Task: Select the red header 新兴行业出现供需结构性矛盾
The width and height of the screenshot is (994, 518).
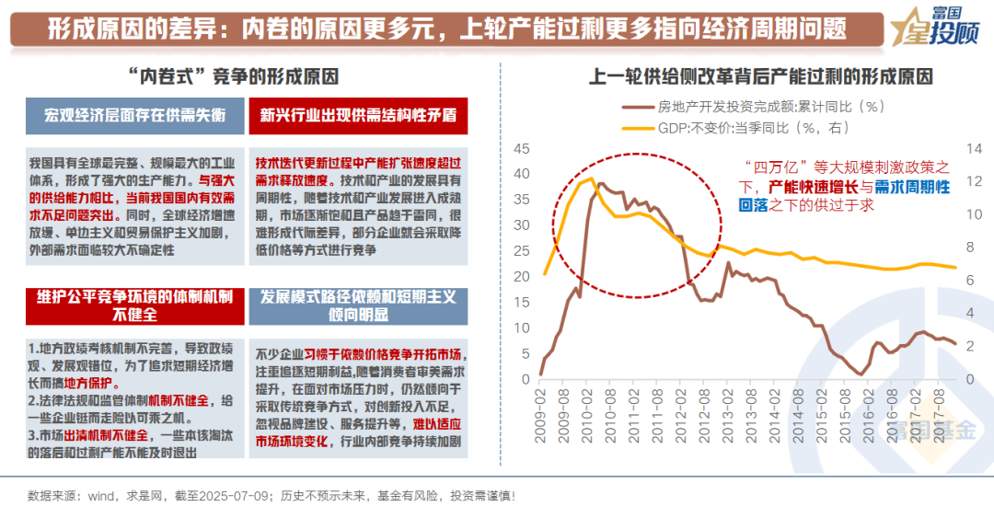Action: pyautogui.click(x=358, y=116)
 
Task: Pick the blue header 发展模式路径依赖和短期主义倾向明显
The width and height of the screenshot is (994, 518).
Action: pyautogui.click(x=358, y=305)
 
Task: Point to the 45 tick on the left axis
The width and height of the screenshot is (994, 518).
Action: pyautogui.click(x=522, y=149)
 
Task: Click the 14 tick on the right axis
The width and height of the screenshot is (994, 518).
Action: pyautogui.click(x=974, y=149)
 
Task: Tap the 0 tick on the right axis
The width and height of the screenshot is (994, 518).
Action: pyautogui.click(x=968, y=379)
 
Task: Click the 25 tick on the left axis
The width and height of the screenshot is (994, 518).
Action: pyautogui.click(x=522, y=251)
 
